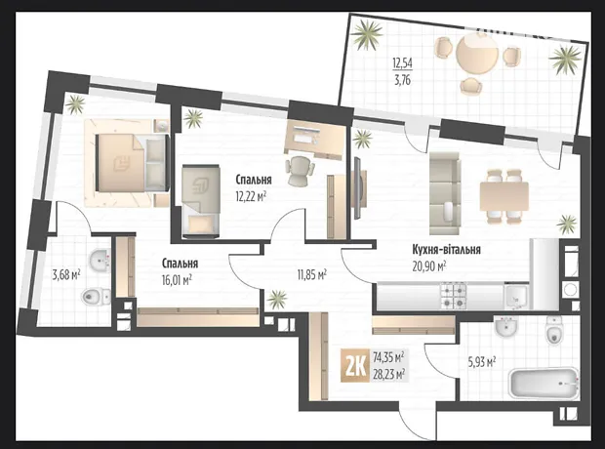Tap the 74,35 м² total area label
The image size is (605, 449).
(x=388, y=357)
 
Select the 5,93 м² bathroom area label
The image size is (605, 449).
(x=481, y=362)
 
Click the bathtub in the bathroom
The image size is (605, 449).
(x=544, y=383)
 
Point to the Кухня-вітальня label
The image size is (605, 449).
(x=446, y=250)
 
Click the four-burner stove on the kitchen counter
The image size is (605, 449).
(x=453, y=296)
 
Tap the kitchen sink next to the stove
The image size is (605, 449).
(x=516, y=298)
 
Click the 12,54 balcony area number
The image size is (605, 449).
(x=402, y=62)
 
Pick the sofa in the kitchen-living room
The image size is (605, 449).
(x=445, y=193)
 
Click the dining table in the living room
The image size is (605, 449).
(x=504, y=196)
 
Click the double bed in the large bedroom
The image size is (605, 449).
(x=132, y=163)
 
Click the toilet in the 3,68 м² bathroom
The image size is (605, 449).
(x=97, y=296)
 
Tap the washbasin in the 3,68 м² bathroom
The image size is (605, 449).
(x=100, y=260)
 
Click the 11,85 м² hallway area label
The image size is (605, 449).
(x=311, y=275)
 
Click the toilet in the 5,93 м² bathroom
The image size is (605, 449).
(x=554, y=331)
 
